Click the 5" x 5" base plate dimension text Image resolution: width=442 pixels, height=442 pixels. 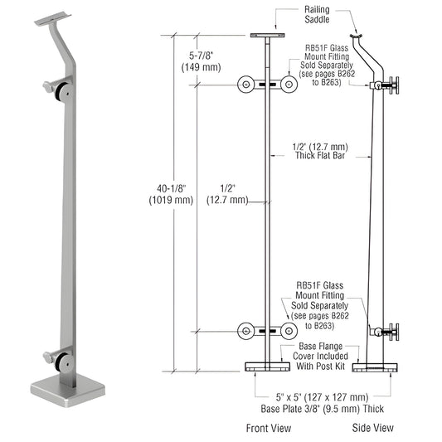coord(318,401)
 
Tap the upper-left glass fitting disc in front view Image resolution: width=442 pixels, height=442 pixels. coord(245,85)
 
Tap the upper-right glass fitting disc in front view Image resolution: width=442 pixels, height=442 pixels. coord(288,85)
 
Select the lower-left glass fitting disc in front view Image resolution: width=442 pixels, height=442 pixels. coord(245,331)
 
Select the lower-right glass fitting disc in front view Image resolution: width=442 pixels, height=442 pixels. coord(288,331)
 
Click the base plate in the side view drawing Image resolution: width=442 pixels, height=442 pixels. coord(374,366)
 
